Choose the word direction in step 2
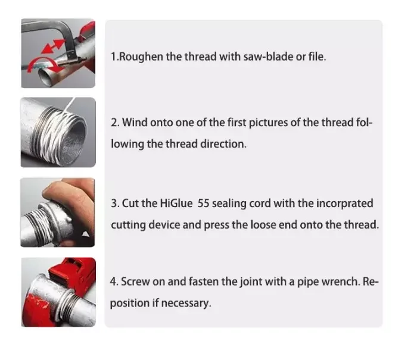[220, 144]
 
